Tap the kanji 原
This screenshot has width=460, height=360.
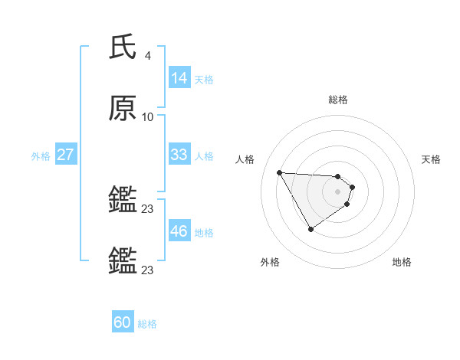point(123,109)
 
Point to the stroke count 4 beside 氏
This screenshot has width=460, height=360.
point(148,56)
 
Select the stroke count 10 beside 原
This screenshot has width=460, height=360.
point(148,117)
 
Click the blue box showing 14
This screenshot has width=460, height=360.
point(179,78)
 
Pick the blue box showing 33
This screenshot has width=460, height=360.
point(179,155)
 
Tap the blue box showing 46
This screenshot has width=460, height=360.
point(179,231)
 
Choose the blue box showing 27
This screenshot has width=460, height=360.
point(66,155)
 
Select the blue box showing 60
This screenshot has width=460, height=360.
point(123,323)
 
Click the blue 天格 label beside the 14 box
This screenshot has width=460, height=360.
point(204,79)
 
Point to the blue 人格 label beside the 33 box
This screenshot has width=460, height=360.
point(204,155)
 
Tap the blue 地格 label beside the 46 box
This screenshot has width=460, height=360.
point(204,232)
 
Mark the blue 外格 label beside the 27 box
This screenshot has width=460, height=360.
point(41,155)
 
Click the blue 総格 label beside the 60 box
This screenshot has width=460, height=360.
point(147,324)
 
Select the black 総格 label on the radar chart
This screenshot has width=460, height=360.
point(338,100)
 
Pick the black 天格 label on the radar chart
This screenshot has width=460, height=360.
point(432,159)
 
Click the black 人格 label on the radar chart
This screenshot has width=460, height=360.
point(245,159)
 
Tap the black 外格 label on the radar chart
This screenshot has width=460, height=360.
point(270,262)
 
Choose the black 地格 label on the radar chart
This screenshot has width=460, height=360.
point(402,262)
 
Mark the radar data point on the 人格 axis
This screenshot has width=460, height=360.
point(280,172)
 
